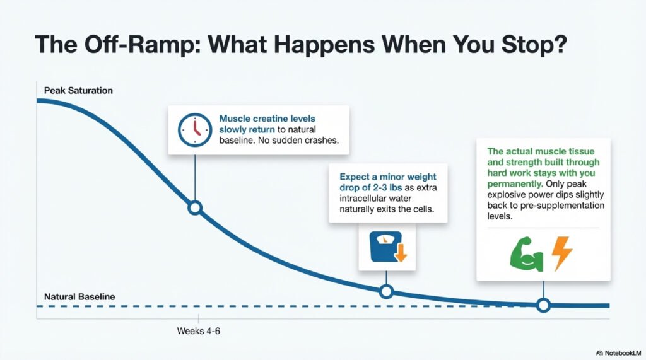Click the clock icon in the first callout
click(x=195, y=130)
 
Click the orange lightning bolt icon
click(x=562, y=253)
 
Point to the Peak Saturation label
click(x=78, y=91)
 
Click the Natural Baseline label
click(x=79, y=296)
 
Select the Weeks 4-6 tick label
click(x=199, y=331)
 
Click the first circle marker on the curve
click(x=195, y=207)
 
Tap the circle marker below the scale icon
click(x=386, y=292)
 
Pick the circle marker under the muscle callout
click(x=543, y=305)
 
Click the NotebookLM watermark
click(x=619, y=353)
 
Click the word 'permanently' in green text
click(x=515, y=183)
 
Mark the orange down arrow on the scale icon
click(x=401, y=253)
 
